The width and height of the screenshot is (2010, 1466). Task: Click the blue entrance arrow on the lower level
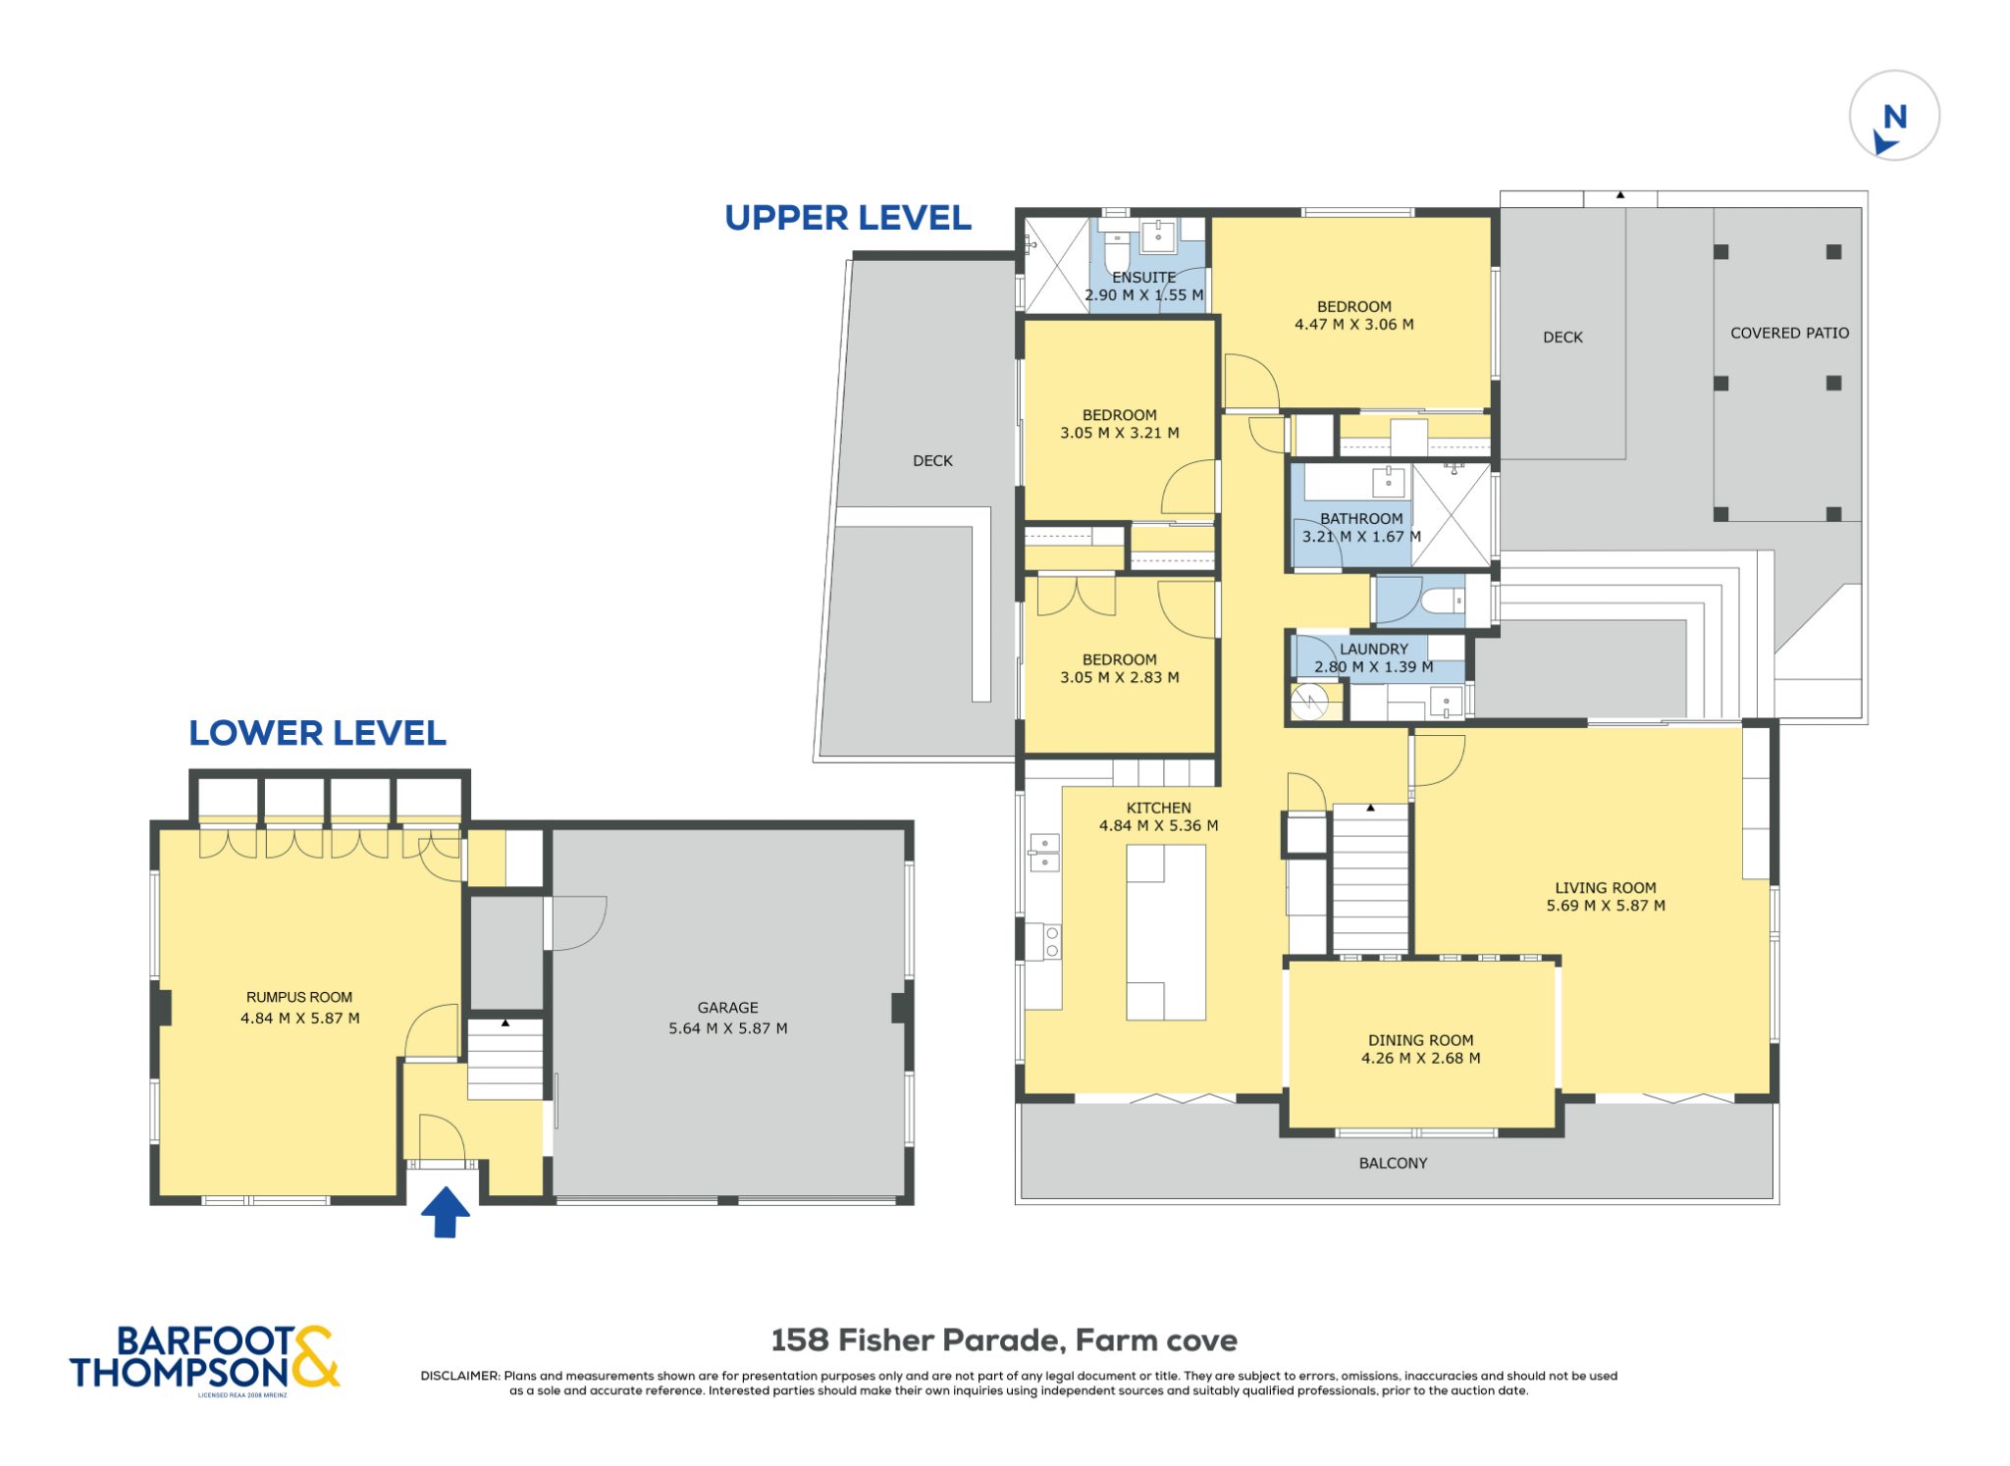click(x=446, y=1212)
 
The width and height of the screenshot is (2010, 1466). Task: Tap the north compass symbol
click(x=1893, y=116)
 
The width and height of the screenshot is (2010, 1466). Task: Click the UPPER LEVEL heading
click(x=848, y=218)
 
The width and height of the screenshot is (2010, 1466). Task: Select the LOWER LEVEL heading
click(x=317, y=733)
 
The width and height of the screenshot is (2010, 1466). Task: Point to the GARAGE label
click(x=727, y=1008)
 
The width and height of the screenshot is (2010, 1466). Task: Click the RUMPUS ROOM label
click(x=299, y=997)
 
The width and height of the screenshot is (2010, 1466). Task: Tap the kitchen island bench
click(x=1165, y=932)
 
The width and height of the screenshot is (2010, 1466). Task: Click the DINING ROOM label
click(x=1420, y=1040)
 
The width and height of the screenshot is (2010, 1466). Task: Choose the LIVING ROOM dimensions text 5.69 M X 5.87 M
click(x=1606, y=906)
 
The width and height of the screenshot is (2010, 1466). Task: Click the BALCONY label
click(x=1393, y=1163)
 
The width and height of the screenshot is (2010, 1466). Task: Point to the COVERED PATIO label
click(x=1789, y=334)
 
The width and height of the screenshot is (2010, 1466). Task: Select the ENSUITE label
click(x=1143, y=278)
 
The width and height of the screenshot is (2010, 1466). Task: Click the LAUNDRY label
click(x=1373, y=649)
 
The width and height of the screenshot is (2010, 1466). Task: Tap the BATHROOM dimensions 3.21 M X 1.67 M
click(x=1361, y=537)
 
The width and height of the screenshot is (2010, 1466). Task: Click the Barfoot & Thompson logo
click(x=204, y=1359)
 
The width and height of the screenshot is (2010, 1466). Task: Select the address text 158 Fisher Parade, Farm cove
click(x=1004, y=1340)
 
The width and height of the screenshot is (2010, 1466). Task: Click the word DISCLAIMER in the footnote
click(x=460, y=1376)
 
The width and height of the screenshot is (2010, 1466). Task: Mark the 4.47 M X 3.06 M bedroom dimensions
click(x=1353, y=325)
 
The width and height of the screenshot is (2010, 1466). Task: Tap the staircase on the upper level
click(x=1370, y=877)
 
